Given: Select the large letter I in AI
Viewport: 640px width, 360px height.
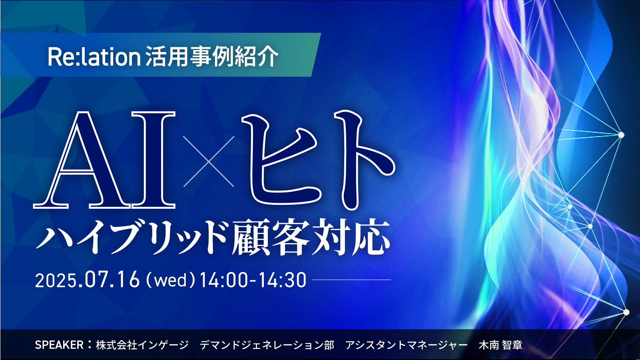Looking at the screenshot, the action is click(x=154, y=160).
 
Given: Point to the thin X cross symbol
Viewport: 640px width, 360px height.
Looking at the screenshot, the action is click(x=209, y=162).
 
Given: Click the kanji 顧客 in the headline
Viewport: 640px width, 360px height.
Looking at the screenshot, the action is click(x=270, y=237).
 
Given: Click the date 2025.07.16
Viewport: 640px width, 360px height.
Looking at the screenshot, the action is click(x=87, y=280).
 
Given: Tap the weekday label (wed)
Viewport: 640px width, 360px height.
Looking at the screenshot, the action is click(x=171, y=280).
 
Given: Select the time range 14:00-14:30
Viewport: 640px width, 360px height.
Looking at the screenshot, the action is click(x=253, y=280).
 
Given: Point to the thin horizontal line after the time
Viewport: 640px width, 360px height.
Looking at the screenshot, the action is click(x=351, y=280).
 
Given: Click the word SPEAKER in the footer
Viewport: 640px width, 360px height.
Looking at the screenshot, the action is click(x=59, y=345).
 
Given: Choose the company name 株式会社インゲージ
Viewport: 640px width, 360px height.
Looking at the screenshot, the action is click(x=142, y=345).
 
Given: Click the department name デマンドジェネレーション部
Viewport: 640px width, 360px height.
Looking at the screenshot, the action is click(x=267, y=345).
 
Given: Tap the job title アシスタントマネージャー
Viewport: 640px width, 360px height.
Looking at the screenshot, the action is click(x=406, y=345).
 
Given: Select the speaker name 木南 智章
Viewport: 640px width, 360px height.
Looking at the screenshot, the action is click(x=500, y=345).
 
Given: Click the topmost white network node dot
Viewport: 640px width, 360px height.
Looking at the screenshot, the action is click(x=621, y=135).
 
